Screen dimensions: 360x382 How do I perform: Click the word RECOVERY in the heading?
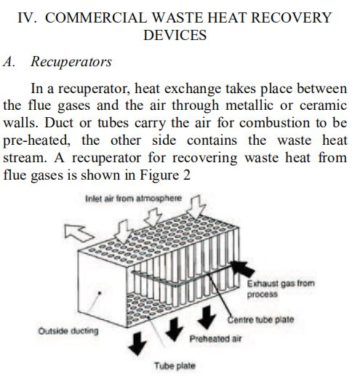291,17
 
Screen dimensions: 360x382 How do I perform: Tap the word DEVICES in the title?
175,35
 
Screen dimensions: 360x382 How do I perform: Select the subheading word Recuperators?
71,62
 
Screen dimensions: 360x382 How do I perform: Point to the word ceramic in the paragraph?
323,106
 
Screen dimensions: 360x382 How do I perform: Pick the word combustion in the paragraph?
274,123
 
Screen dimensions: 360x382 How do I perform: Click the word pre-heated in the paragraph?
36,140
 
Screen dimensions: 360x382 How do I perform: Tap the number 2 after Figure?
187,175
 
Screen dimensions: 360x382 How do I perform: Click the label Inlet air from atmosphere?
134,199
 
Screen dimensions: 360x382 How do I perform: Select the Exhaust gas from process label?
281,289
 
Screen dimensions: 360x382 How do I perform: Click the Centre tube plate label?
260,319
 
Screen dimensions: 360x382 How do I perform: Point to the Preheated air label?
215,338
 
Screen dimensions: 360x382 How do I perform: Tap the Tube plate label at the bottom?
175,366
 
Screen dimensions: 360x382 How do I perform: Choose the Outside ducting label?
68,331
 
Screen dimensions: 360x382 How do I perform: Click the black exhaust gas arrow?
242,268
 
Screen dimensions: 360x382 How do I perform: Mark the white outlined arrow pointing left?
79,233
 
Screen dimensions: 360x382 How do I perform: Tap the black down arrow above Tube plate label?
137,343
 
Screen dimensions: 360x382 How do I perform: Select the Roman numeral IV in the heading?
27,17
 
